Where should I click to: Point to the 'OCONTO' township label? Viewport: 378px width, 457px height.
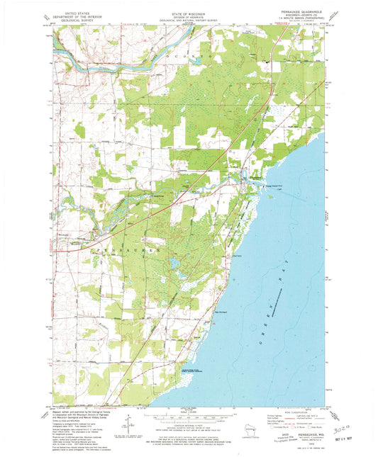coord(189,55)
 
